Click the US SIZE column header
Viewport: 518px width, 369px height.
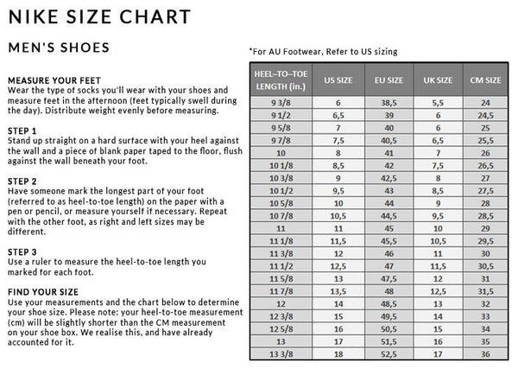click(x=338, y=80)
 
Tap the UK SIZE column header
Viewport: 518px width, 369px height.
click(x=438, y=80)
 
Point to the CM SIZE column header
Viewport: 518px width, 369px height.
click(x=484, y=80)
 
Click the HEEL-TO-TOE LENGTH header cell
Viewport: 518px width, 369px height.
click(x=281, y=80)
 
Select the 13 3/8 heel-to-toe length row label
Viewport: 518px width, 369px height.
click(x=281, y=353)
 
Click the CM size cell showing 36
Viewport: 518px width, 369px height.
click(x=484, y=353)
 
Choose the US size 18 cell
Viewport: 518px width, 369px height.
click(x=338, y=353)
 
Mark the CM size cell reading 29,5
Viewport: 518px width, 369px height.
click(x=484, y=241)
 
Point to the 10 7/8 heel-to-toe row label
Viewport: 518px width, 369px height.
click(x=281, y=215)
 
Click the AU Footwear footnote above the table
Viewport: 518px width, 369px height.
click(x=323, y=51)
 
